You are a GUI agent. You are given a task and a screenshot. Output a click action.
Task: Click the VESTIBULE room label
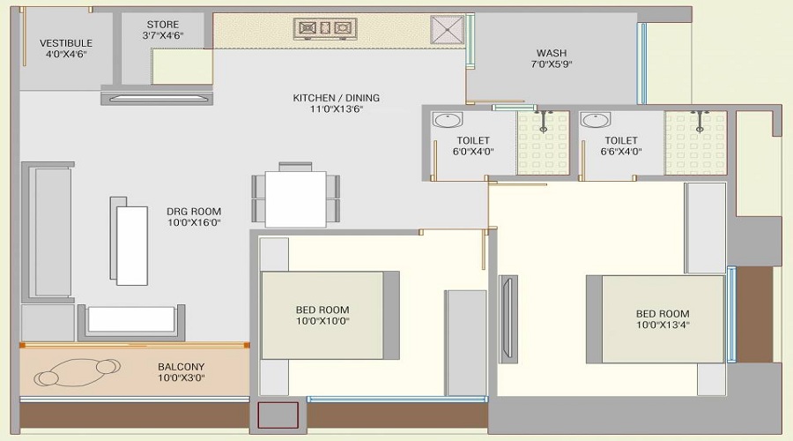point(66,42)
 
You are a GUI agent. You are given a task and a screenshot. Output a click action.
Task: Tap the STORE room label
point(161,25)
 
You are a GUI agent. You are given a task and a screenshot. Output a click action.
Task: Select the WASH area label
point(551,53)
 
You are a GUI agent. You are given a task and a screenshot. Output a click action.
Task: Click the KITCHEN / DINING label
point(337,98)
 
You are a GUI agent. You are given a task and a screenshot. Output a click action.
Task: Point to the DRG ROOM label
point(194,212)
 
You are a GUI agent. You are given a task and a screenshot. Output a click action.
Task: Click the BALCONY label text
point(182,367)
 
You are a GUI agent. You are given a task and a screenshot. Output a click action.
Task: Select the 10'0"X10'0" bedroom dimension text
point(322,322)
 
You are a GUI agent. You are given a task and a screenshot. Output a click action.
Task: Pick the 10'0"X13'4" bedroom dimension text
point(663,325)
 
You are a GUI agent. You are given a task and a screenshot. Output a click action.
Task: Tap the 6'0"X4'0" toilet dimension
point(474,152)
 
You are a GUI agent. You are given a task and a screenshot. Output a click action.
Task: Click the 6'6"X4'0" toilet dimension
point(621,152)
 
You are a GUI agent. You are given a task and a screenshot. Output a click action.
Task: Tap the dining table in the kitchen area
point(295,198)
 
